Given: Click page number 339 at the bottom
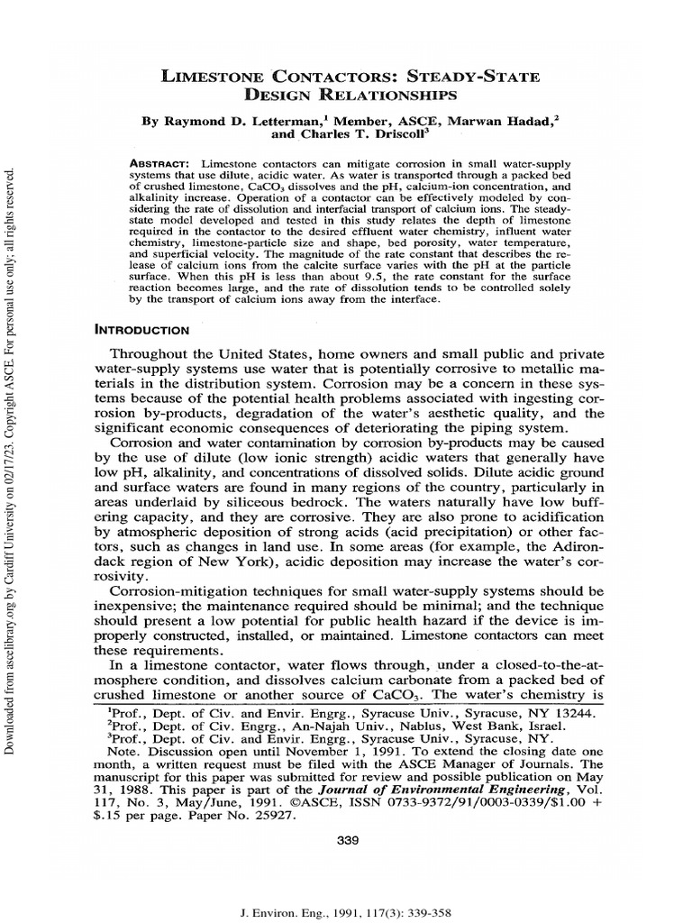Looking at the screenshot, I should (346, 841).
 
